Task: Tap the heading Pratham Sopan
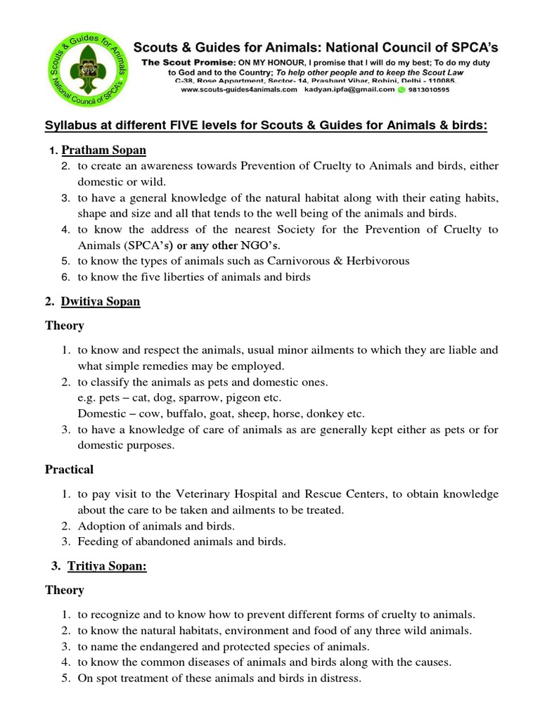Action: [x=104, y=150]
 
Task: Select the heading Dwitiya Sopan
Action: [x=101, y=302]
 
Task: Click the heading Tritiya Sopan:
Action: [x=107, y=567]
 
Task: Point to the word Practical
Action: [x=70, y=469]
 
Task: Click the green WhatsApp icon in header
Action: [x=401, y=90]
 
